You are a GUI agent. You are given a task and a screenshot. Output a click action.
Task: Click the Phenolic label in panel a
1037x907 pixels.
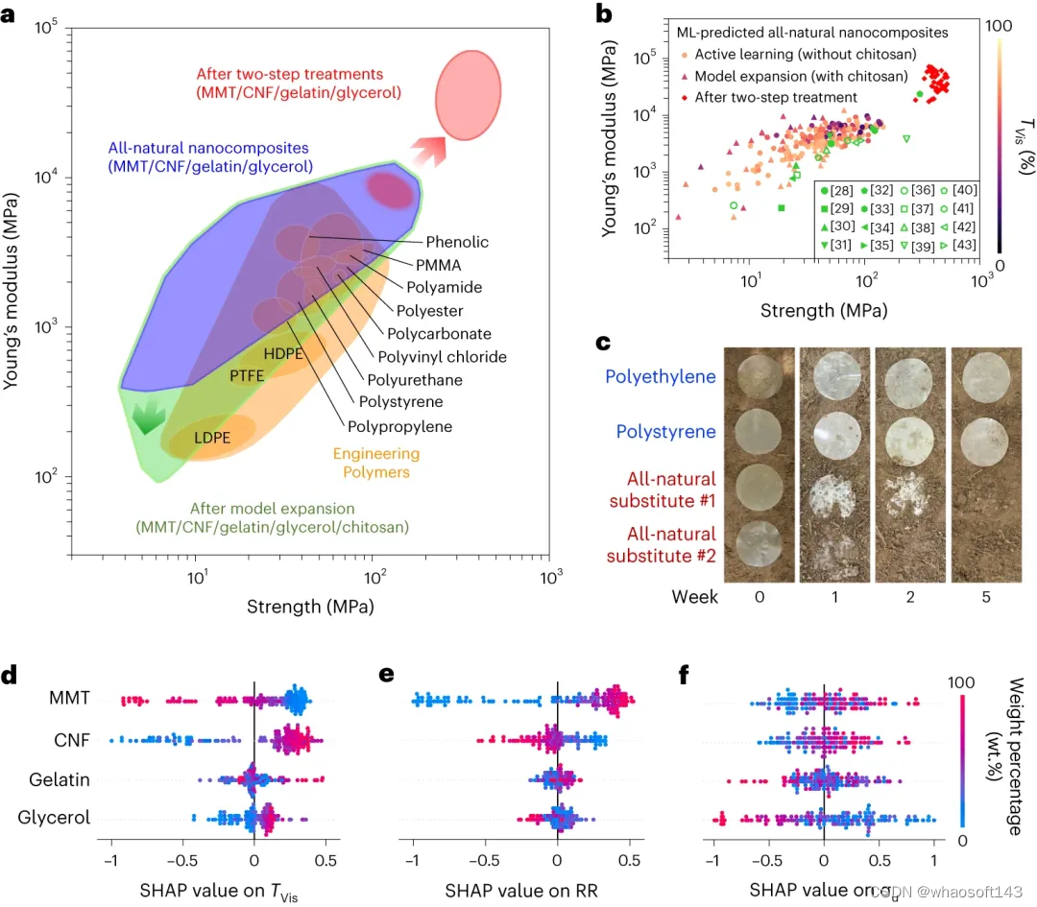click(457, 243)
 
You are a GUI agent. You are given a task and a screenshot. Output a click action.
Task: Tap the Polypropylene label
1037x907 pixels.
click(401, 426)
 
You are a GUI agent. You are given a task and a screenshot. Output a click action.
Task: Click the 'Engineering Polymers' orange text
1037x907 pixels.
click(376, 463)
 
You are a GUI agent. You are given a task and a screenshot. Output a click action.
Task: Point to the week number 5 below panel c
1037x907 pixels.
click(985, 597)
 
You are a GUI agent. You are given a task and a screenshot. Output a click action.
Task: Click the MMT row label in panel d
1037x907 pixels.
click(72, 699)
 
